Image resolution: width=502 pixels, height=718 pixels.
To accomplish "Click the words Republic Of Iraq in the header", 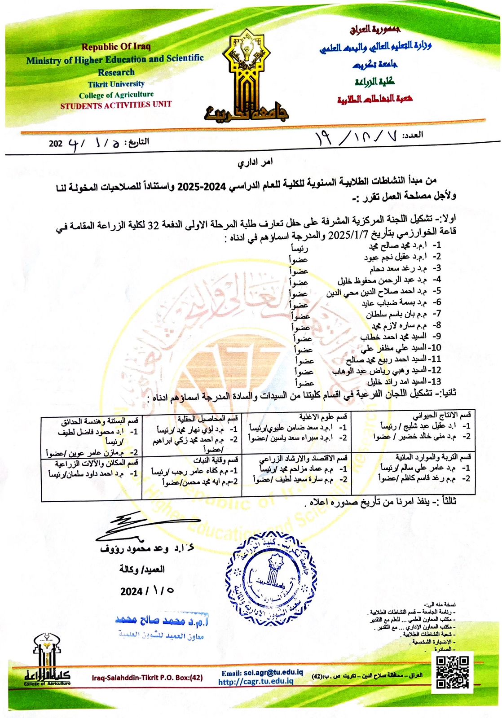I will pyautogui.click(x=116, y=47).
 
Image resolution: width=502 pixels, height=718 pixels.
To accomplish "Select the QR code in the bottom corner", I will pyautogui.click(x=453, y=672).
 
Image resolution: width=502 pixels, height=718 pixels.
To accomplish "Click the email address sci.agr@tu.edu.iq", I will pyautogui.click(x=262, y=673).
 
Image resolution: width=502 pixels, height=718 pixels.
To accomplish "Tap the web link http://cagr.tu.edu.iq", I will pyautogui.click(x=255, y=682).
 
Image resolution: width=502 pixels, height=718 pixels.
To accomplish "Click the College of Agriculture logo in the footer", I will pyautogui.click(x=47, y=660).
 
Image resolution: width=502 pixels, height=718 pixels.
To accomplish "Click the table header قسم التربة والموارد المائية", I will pyautogui.click(x=433, y=457).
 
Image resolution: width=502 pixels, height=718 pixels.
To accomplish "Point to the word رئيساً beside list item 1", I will pyautogui.click(x=299, y=247).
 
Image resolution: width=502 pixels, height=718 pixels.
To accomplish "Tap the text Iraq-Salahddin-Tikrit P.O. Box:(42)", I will pyautogui.click(x=147, y=678).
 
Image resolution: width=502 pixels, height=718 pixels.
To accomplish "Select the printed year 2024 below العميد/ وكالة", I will pyautogui.click(x=131, y=591).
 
